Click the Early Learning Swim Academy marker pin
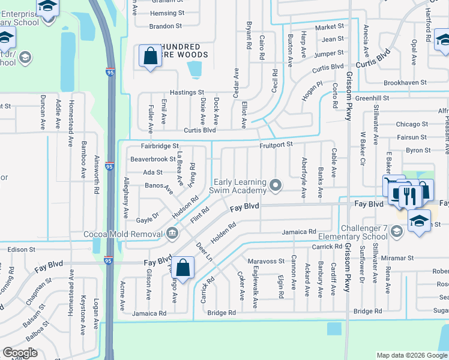276,185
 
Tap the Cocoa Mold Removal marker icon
172,233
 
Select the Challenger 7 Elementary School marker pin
396,231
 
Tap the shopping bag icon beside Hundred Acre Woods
150,57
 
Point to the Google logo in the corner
20,352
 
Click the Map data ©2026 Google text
411,355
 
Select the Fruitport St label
276,145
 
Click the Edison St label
21,249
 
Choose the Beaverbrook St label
152,159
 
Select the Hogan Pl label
312,90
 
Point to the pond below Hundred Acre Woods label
195,71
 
